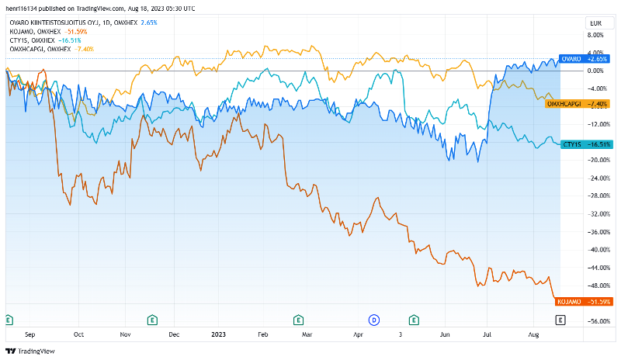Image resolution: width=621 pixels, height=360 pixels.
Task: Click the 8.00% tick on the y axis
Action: pos(596,35)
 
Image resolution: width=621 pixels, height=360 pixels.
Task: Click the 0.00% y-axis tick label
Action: pos(596,71)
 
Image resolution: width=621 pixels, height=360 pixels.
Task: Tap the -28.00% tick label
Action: pos(595,196)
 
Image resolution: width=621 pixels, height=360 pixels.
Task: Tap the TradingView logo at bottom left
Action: pos(29,351)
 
